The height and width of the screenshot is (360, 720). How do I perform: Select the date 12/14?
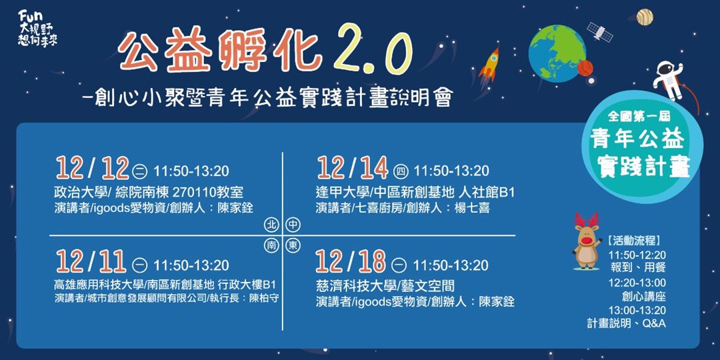(352, 169)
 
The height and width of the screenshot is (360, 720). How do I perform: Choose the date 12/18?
(352, 263)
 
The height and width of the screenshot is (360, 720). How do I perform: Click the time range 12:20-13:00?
(637, 283)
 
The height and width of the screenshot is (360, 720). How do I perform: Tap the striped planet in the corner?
(645, 17)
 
